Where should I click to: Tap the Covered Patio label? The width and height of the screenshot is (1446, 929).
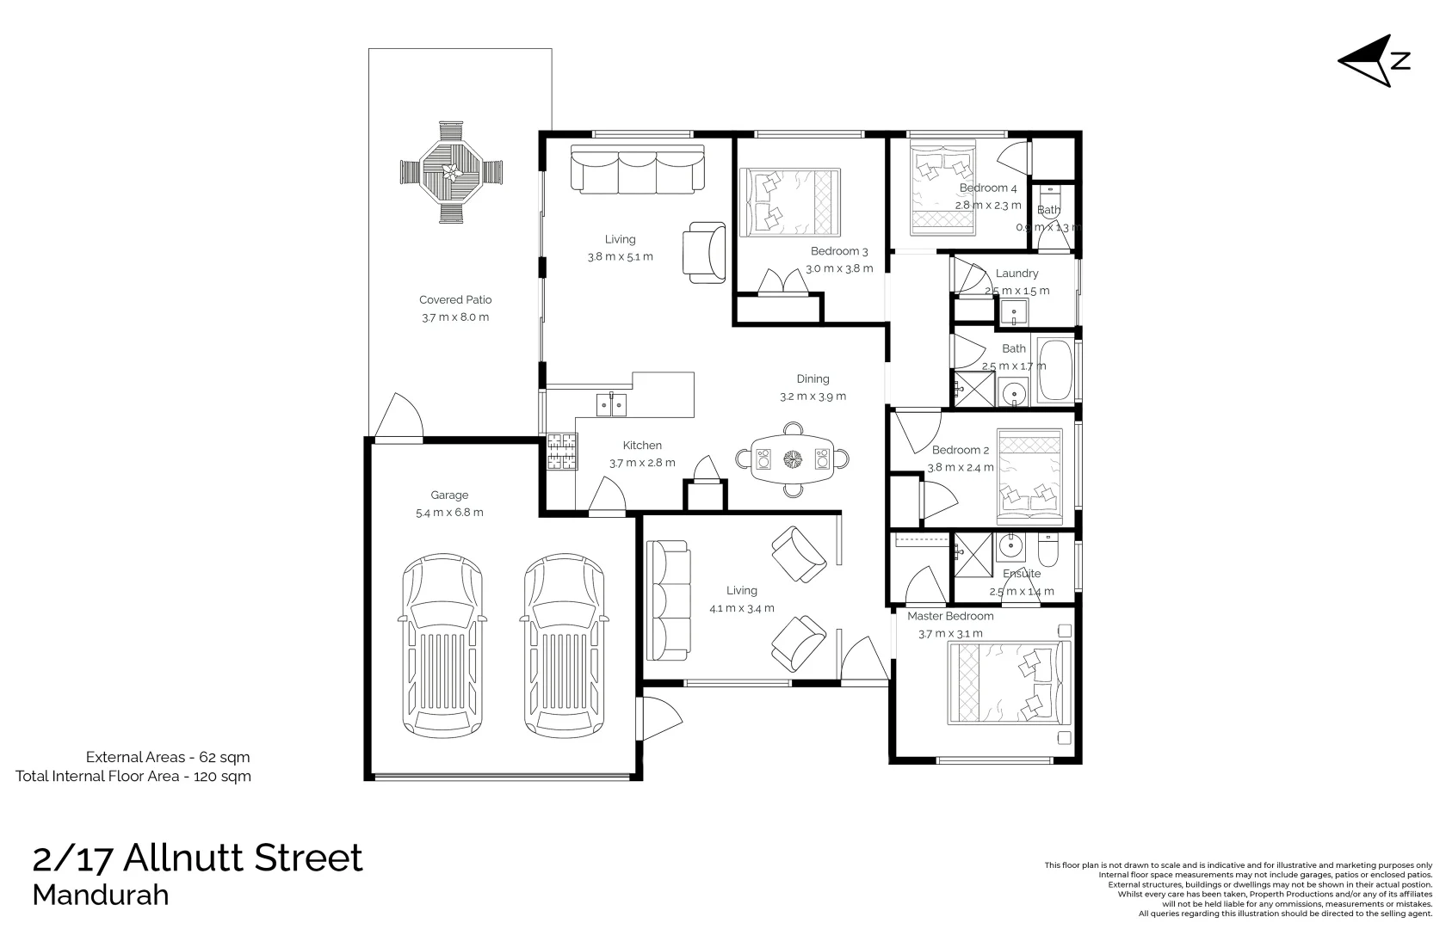455,300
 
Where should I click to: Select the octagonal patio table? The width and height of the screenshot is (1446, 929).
450,172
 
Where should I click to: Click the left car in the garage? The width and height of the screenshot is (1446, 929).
442,645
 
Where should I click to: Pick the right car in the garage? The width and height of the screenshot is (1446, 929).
564,645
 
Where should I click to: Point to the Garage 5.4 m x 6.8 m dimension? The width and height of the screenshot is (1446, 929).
449,513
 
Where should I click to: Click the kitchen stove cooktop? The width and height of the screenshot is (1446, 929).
562,452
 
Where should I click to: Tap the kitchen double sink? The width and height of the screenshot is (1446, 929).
612,403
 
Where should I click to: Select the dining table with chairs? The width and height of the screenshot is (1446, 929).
792,458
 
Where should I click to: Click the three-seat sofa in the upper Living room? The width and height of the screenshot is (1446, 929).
638,169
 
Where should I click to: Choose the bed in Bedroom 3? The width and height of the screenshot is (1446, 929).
789,202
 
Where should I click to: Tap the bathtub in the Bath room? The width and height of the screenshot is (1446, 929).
1055,371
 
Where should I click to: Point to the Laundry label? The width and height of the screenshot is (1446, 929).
1017,274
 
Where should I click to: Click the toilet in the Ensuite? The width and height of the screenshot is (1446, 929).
1047,549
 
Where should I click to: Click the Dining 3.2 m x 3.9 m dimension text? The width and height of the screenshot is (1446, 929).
813,397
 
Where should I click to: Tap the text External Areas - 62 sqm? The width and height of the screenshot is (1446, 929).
168,758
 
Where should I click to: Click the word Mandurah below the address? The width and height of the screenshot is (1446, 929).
101,895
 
